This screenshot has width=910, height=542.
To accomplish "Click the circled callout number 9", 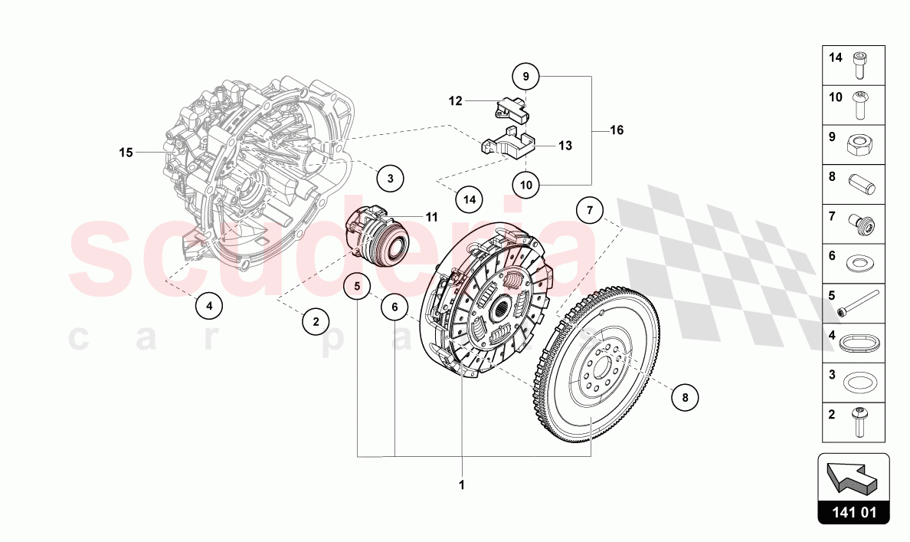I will (526, 77).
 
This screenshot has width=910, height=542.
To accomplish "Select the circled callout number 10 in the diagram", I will (526, 184).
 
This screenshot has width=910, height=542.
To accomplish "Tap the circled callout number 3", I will (390, 179).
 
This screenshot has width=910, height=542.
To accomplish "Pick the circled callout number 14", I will (469, 199).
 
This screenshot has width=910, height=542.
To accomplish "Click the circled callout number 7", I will (590, 209).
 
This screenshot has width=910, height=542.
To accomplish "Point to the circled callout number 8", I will (685, 397).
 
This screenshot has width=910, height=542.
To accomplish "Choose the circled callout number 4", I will (209, 306).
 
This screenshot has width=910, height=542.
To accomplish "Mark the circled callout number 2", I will (315, 321).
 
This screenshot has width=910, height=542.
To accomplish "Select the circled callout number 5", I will (357, 287).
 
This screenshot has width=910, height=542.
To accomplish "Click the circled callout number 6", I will (394, 307).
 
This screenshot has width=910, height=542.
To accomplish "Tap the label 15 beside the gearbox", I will (126, 153).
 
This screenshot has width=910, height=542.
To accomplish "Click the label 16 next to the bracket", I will (617, 130).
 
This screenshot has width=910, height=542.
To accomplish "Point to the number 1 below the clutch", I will (462, 485).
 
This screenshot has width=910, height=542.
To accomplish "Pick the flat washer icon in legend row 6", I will (862, 263).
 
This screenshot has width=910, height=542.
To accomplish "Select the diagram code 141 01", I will (853, 513).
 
